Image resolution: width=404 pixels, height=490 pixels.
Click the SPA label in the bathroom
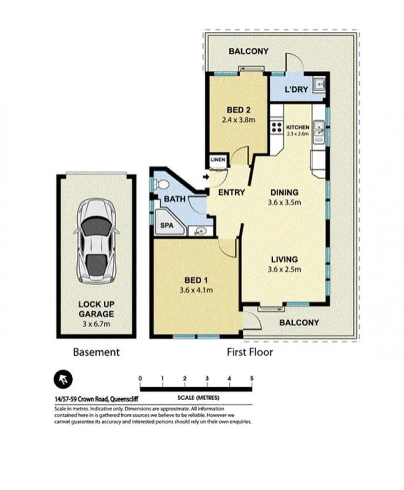[x=167, y=225]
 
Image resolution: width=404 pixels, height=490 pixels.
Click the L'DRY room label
[x=296, y=90]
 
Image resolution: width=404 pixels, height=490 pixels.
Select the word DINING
[x=285, y=190]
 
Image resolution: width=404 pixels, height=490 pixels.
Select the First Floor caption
[x=249, y=352]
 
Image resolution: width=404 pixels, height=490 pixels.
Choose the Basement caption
[x=96, y=352]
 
